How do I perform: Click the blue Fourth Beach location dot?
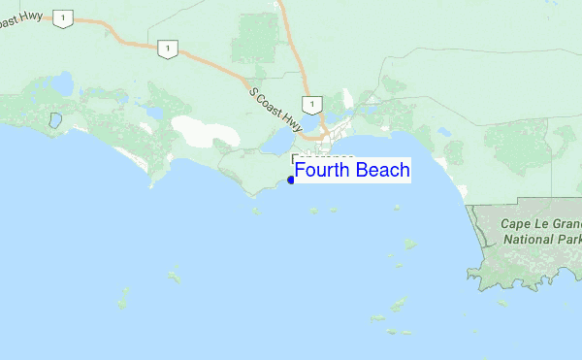pos(291,180)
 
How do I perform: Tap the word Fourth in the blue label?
pos(323,171)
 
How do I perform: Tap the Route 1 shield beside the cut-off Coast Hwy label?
pos(64,18)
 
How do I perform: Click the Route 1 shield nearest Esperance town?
pos(310,104)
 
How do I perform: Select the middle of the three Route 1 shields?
pos(169,49)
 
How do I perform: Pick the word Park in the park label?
pos(570,239)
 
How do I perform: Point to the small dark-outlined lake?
pos(55,122)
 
